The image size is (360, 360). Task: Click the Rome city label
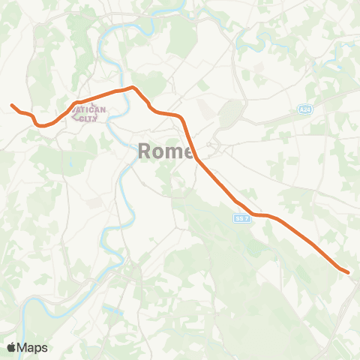click(x=165, y=151)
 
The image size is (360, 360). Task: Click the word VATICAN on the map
click(x=88, y=109)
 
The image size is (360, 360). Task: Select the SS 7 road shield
click(x=240, y=217)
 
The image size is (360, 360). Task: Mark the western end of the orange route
click(x=12, y=105)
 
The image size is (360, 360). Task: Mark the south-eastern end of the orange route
click(x=349, y=271)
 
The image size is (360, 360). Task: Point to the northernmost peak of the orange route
click(x=133, y=87)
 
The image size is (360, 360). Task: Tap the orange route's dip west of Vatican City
click(x=43, y=125)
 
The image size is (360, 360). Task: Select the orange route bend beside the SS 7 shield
click(x=255, y=214)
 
